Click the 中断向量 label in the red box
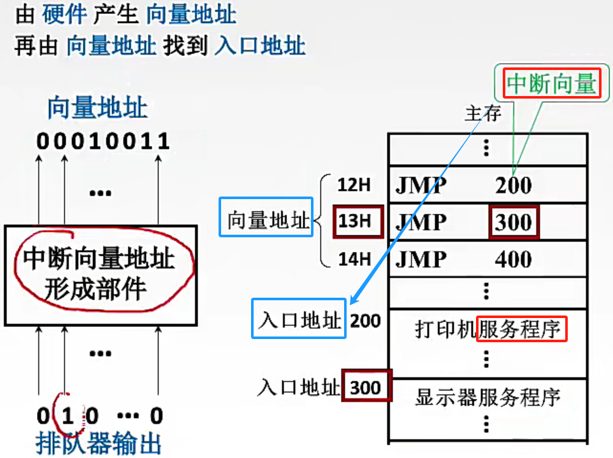click(552, 83)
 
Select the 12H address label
click(354, 185)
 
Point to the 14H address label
click(354, 259)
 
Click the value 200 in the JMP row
click(513, 185)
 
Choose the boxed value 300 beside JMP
click(513, 222)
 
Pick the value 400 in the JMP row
click(513, 259)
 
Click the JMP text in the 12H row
click(421, 185)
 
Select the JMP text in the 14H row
click(421, 259)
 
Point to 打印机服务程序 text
click(488, 330)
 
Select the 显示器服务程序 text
click(487, 398)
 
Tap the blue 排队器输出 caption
click(98, 443)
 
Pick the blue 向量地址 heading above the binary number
click(97, 108)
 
